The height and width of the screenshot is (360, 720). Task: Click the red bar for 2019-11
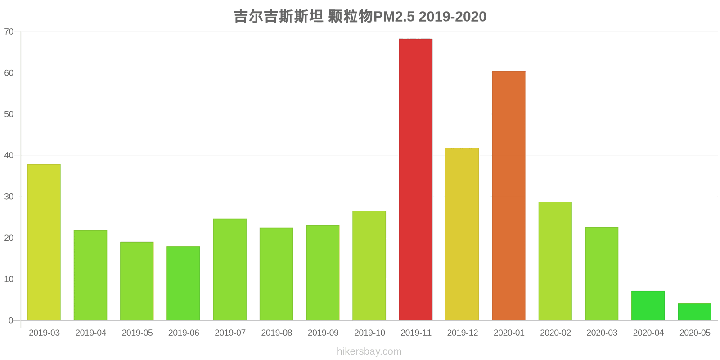415,180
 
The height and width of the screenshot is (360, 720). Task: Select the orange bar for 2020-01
508,196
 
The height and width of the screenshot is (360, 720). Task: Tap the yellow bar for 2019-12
462,234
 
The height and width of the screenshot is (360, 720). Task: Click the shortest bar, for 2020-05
694,312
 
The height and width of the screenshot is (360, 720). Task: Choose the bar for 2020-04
648,306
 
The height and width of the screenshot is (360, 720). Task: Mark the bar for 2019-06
183,283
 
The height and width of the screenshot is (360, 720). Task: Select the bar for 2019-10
369,265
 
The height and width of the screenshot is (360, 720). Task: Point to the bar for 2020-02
555,261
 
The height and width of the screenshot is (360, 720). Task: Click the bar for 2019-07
229,270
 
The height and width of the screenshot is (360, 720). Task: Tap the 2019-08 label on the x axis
276,333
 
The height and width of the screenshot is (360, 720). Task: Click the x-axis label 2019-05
137,333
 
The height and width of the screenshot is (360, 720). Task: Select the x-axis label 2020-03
602,333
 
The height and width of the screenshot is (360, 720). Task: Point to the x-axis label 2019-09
323,333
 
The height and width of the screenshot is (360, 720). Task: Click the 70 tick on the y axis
9,32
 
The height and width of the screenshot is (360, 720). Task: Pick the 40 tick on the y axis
9,156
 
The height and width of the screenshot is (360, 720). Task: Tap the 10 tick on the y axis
9,279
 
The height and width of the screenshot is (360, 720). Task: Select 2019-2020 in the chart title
453,17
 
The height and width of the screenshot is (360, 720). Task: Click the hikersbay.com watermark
369,351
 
